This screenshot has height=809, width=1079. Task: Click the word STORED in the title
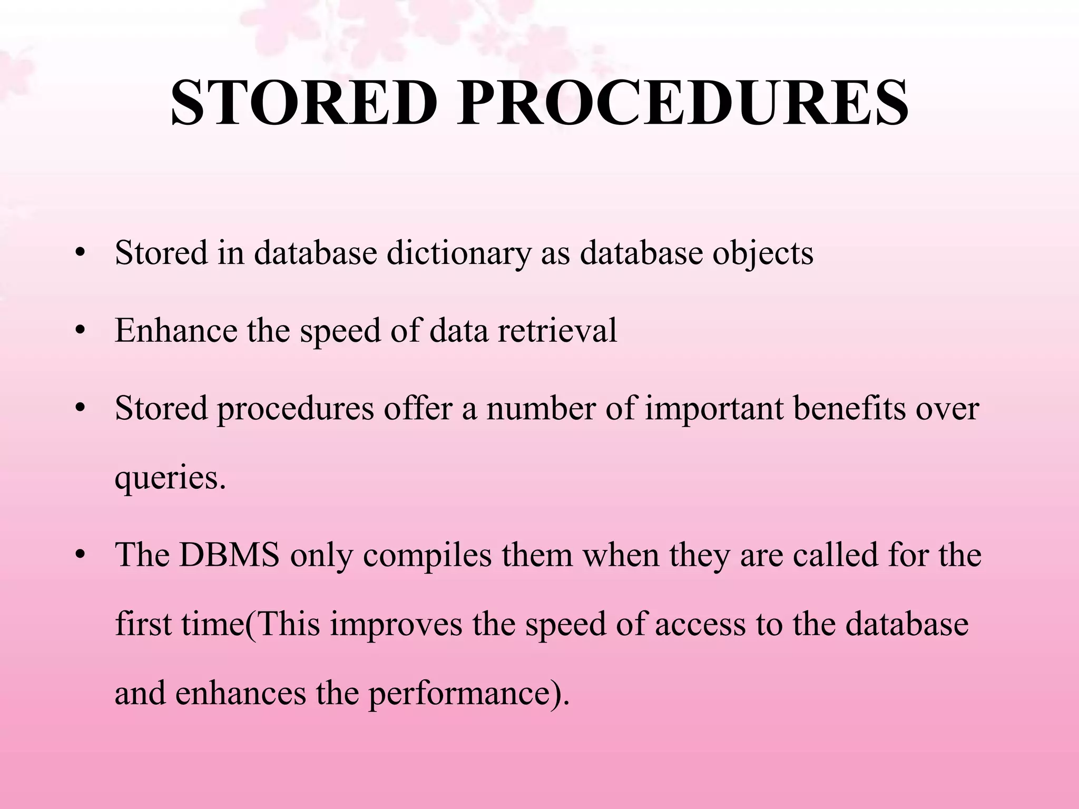pos(304,103)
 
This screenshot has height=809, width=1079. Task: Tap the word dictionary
pos(459,253)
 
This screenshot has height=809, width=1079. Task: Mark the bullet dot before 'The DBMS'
pos(80,555)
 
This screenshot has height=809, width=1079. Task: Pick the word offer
pos(418,408)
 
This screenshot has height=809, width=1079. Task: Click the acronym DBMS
pos(229,555)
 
